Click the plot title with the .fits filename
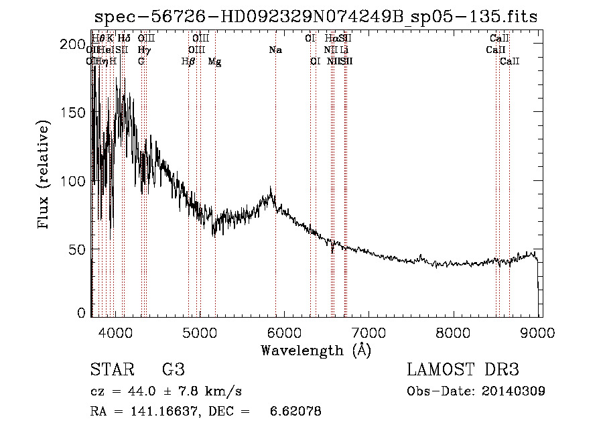(316, 17)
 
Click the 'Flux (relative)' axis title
(45, 176)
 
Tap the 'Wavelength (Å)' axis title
(316, 350)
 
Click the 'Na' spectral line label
(275, 50)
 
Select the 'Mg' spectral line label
(214, 62)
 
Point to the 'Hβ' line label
(188, 62)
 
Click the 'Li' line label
(344, 50)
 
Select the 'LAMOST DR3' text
(463, 370)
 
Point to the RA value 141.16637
(160, 412)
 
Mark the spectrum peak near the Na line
(271, 188)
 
